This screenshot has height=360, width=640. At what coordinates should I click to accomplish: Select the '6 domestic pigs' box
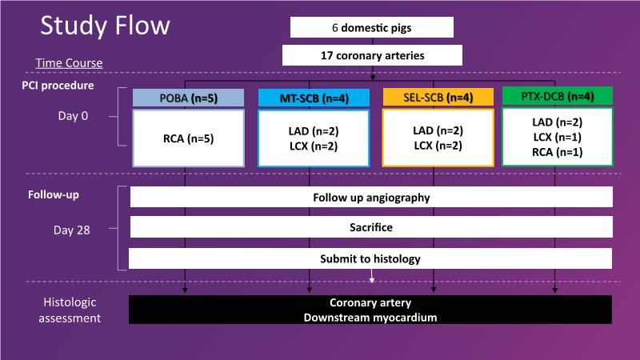pyautogui.click(x=372, y=27)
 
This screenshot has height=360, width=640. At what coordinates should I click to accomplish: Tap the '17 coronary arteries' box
pyautogui.click(x=372, y=55)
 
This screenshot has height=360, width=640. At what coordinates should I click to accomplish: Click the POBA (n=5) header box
pyautogui.click(x=188, y=98)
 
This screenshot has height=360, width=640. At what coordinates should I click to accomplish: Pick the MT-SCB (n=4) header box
pyautogui.click(x=313, y=98)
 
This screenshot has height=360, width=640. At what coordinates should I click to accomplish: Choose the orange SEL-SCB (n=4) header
pyautogui.click(x=438, y=98)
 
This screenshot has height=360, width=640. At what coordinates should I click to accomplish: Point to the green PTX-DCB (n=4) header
pyautogui.click(x=557, y=96)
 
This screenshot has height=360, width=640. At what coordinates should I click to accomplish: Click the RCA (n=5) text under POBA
pyautogui.click(x=188, y=138)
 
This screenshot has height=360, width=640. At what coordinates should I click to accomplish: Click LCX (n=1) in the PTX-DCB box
pyautogui.click(x=558, y=137)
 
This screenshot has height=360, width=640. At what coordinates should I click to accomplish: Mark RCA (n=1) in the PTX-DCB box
pyautogui.click(x=558, y=152)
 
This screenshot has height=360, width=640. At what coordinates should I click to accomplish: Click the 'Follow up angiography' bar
pyautogui.click(x=371, y=197)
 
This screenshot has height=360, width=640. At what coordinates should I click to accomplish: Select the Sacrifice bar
pyautogui.click(x=371, y=227)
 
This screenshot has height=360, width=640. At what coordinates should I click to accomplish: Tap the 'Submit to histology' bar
pyautogui.click(x=371, y=258)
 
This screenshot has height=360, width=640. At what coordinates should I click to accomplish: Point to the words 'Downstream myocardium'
pyautogui.click(x=371, y=318)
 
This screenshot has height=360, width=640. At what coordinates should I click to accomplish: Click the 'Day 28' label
pyautogui.click(x=74, y=230)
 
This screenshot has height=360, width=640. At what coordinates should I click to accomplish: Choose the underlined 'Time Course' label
pyautogui.click(x=69, y=63)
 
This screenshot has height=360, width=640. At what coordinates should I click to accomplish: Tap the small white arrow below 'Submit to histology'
pyautogui.click(x=372, y=277)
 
